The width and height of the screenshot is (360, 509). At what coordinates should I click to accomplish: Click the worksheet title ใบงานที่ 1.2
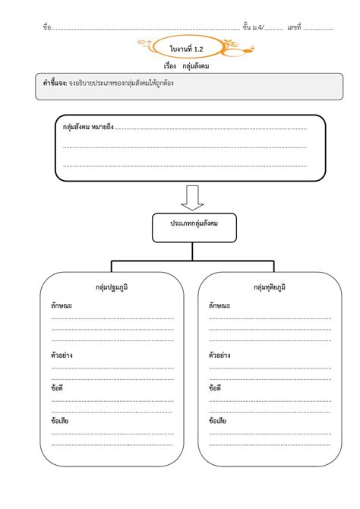(x=186, y=49)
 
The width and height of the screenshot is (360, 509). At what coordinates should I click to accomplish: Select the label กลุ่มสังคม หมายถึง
(x=88, y=128)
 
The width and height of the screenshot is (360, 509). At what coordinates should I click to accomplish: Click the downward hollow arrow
(x=192, y=196)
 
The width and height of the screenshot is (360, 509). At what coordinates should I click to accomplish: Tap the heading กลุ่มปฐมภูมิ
(x=112, y=288)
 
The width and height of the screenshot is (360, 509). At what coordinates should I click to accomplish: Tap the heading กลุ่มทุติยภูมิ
(x=270, y=288)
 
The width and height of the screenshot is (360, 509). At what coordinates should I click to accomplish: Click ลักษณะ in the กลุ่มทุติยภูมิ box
(x=219, y=305)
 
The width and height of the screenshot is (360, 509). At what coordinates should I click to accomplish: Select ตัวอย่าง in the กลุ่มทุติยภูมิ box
(x=219, y=355)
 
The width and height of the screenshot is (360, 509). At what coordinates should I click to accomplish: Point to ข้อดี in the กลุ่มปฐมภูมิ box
(x=58, y=387)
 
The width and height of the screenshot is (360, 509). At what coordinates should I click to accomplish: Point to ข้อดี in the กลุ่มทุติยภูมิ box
(x=215, y=387)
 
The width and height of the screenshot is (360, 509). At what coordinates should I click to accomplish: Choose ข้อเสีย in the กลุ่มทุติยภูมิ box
(x=217, y=420)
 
